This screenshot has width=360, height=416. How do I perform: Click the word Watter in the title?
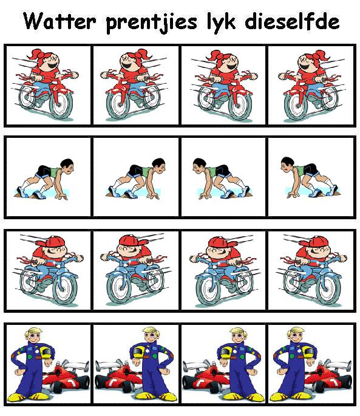click(59, 21)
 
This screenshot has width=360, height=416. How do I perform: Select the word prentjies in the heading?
click(152, 23)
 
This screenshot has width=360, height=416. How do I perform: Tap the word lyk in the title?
click(221, 23)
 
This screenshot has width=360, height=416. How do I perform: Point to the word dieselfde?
click(292, 21)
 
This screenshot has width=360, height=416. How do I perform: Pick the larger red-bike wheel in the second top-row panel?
click(117, 105)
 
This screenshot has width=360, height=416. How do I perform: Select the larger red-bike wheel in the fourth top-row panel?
click(295, 105)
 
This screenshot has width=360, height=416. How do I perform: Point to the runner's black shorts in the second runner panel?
click(135, 171)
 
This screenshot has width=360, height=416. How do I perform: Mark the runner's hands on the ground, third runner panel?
click(205, 197)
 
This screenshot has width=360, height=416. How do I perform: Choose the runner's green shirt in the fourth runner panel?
click(299, 171)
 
